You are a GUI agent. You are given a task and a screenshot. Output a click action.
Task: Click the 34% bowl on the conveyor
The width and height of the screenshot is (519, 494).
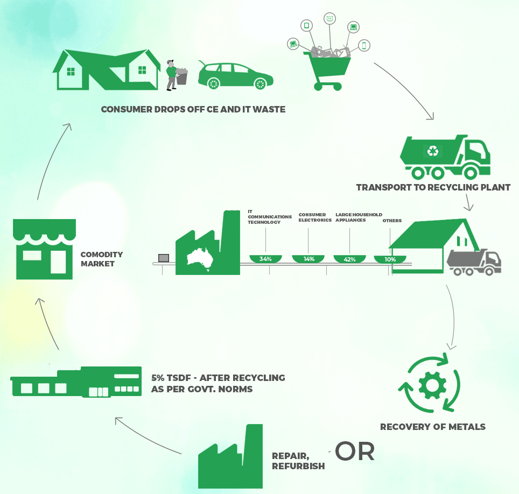point(265,259)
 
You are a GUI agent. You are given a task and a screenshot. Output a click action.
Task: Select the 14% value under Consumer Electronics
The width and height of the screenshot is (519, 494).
point(308,259)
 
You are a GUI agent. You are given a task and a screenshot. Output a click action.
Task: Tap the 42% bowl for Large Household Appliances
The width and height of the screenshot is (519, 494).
point(350,259)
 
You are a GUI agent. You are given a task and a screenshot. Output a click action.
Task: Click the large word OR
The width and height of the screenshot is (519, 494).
point(355,451)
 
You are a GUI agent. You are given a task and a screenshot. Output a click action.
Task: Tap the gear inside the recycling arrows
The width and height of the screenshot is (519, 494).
point(429,384)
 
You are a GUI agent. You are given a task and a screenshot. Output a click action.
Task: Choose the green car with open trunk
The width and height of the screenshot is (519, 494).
point(235,75)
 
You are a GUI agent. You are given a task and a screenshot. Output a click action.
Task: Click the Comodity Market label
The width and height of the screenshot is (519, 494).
point(102,259)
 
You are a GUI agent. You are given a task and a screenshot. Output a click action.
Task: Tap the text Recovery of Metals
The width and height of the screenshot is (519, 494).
point(432,427)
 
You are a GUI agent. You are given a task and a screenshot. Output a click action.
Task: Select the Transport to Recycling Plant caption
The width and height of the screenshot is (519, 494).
point(433,188)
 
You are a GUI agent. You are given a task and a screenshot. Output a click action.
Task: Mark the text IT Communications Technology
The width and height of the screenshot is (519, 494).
point(269,216)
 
